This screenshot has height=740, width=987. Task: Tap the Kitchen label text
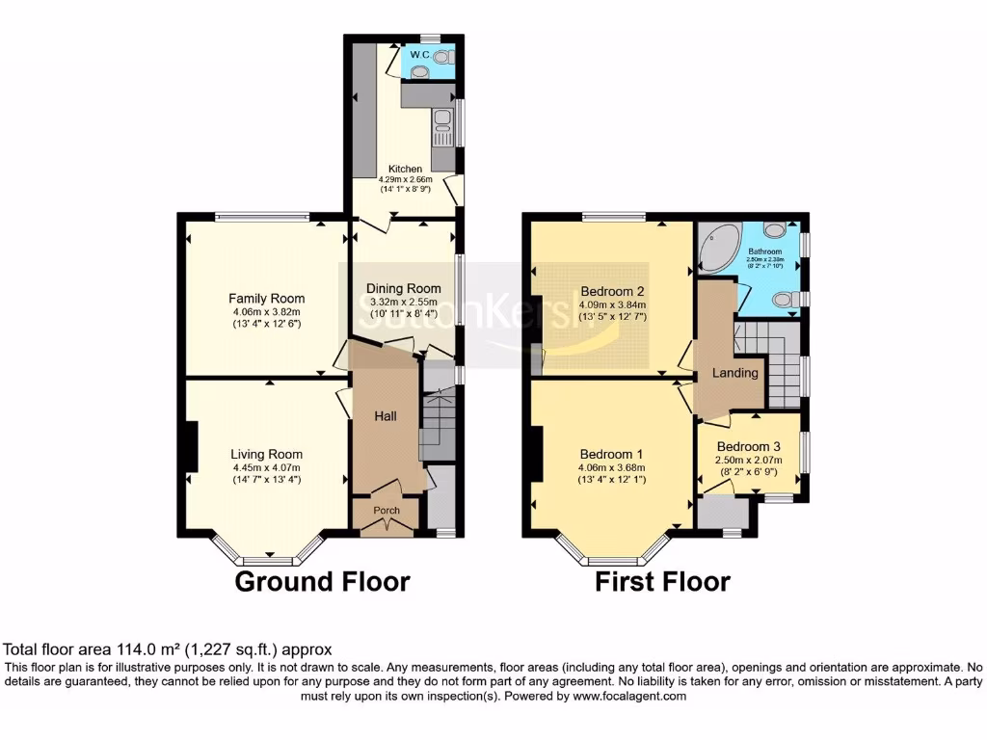[406, 169]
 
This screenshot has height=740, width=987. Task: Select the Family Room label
[267, 299]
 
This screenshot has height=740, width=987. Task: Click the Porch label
[387, 510]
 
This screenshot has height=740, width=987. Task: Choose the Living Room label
[267, 455]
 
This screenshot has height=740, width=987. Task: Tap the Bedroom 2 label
[613, 292]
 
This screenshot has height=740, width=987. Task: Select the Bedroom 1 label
[611, 455]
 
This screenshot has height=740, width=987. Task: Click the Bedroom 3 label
[749, 446]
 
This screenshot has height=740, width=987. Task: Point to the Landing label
[735, 373]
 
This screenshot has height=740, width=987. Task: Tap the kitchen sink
[442, 122]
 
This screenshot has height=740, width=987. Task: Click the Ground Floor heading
[323, 582]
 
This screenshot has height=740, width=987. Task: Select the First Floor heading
[662, 582]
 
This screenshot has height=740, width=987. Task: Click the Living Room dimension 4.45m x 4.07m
[267, 468]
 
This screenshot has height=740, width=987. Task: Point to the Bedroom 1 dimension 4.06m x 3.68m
[611, 468]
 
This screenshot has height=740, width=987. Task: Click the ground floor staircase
[437, 424]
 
